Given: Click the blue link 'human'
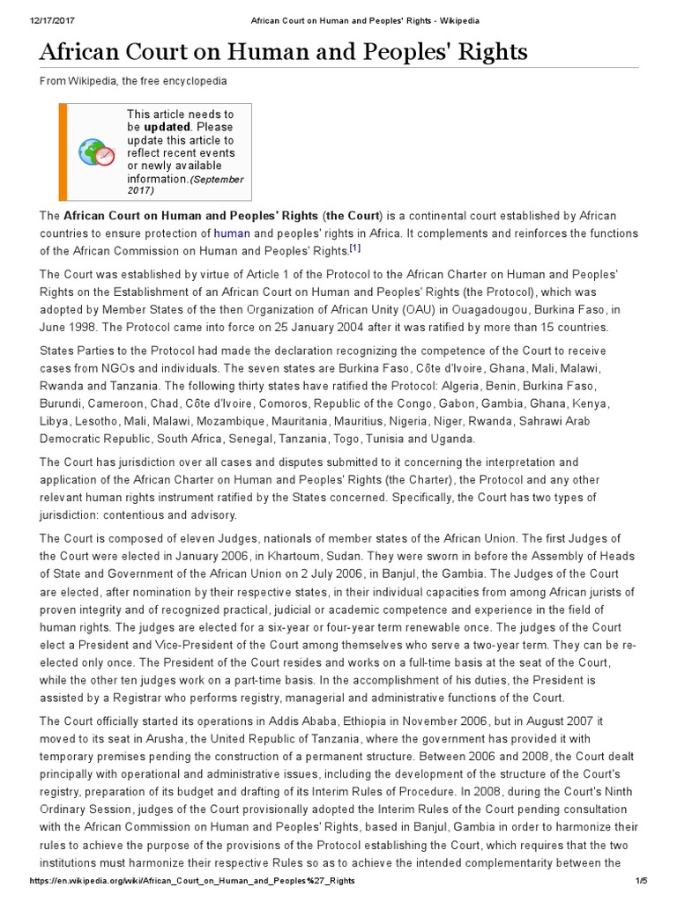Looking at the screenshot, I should tap(232, 233).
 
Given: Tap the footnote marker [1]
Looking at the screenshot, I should tap(355, 248).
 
